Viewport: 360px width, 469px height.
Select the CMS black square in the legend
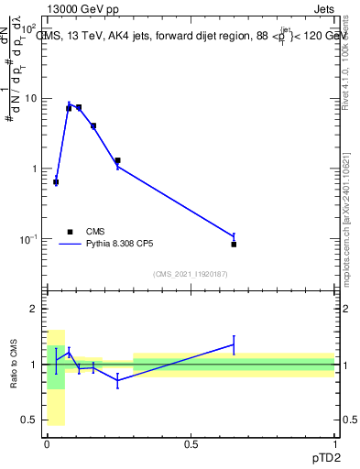point(69,232)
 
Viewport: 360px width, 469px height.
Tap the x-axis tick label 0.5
point(191,442)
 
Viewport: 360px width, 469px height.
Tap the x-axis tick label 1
point(334,442)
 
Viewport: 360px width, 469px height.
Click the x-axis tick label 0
point(47,442)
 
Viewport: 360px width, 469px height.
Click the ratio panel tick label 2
point(35,310)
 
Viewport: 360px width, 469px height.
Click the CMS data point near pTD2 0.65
point(234,245)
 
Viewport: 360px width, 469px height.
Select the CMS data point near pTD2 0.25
point(117,160)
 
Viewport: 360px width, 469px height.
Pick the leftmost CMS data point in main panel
point(56,182)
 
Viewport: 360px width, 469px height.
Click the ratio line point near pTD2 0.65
point(234,344)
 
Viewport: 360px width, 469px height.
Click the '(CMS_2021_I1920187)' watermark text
point(190,274)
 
